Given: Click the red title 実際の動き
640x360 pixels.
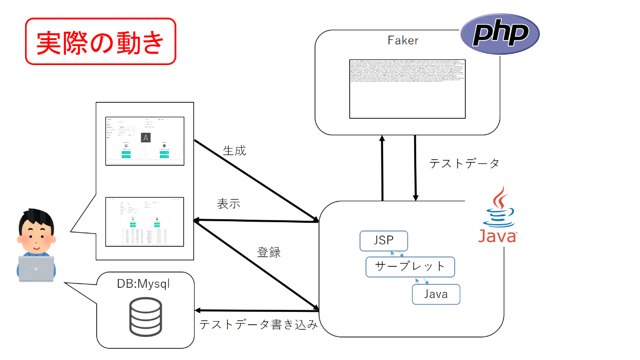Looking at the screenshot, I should (100, 42).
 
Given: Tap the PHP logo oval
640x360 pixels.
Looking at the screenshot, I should (500, 34).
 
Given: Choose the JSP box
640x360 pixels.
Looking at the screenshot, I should (383, 241).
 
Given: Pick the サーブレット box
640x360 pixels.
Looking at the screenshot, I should (410, 267).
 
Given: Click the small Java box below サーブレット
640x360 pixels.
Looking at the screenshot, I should (436, 294).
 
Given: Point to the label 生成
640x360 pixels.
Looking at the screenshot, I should (234, 151).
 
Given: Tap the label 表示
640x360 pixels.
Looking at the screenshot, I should (229, 203).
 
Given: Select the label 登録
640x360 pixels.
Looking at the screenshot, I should (269, 252).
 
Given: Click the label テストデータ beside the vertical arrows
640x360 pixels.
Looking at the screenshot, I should (464, 163).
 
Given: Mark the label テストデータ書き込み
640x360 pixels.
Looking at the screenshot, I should (259, 324).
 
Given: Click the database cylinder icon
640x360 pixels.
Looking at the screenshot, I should (145, 316).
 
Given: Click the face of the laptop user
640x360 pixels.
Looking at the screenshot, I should (34, 234).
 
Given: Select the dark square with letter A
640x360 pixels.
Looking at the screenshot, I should (146, 137).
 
